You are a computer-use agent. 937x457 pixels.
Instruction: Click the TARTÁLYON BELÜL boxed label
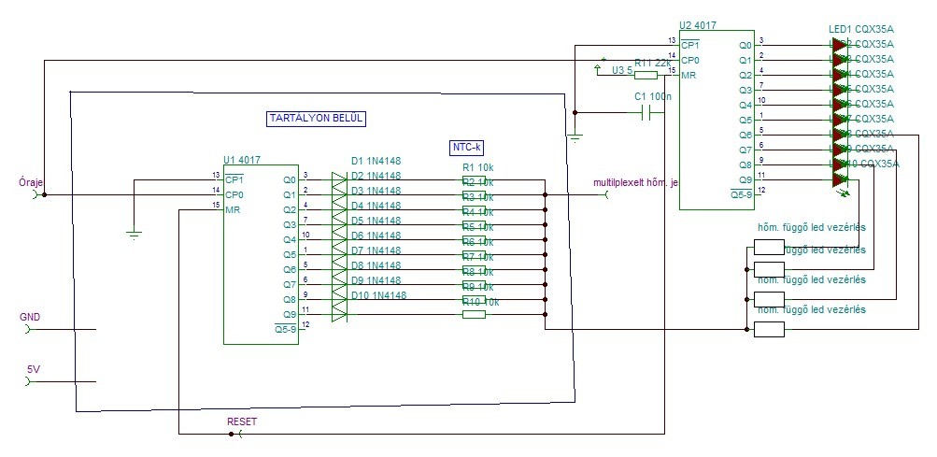[x=316, y=119]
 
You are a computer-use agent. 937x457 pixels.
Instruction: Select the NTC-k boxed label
[x=467, y=147]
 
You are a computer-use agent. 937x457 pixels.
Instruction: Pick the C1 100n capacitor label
[x=653, y=95]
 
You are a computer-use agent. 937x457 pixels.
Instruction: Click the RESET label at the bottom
[x=242, y=421]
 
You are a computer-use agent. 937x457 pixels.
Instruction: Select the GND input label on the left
[x=30, y=318]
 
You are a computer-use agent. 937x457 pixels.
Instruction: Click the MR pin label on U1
[x=233, y=209]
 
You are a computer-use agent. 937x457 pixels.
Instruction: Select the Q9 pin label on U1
[x=289, y=314]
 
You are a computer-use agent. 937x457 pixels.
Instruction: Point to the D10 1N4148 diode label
[x=378, y=295]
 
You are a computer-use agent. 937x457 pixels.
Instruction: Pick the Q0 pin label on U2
[x=745, y=45]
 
